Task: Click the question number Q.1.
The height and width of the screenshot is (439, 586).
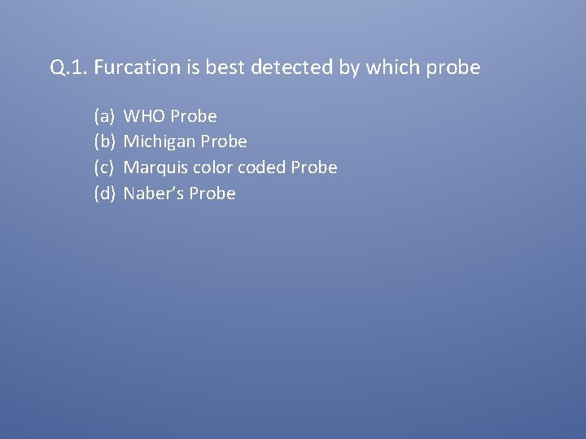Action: coord(68,67)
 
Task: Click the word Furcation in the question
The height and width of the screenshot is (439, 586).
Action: coord(129,67)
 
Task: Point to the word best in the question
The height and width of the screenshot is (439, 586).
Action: coord(225,67)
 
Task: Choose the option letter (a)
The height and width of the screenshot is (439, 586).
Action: coord(103,116)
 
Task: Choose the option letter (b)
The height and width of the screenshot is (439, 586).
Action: coord(104,141)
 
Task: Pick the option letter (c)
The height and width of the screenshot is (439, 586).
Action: coord(103,167)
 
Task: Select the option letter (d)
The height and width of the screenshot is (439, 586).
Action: coord(104,193)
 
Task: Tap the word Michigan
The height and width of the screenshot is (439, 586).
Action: coord(160,142)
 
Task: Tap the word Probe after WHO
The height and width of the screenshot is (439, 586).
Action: coord(194,116)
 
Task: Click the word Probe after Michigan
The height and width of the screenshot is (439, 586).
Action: coord(224,141)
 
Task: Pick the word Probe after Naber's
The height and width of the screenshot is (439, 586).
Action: coord(212,193)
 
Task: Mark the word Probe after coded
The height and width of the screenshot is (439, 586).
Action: coord(314,167)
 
